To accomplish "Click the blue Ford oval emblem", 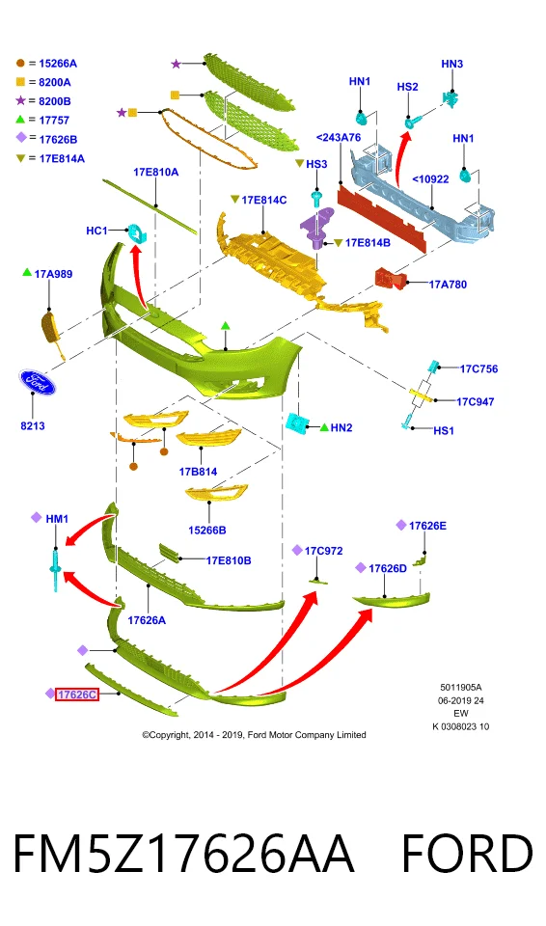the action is tap(37, 383).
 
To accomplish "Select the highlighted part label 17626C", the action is tap(77, 694).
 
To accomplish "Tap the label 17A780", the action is tap(448, 285).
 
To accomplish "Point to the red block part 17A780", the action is tap(390, 278).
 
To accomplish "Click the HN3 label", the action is tap(452, 64).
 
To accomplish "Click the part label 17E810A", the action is tap(155, 172).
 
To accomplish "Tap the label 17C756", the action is tap(478, 369).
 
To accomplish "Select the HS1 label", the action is tap(443, 430).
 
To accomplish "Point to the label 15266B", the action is tap(206, 531).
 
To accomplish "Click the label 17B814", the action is tap(198, 472).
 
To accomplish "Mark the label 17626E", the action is tap(427, 526).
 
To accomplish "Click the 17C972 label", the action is tap(323, 551).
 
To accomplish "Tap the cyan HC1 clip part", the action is tap(138, 233).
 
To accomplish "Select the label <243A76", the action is tap(339, 137).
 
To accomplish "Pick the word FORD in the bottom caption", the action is tap(466, 853).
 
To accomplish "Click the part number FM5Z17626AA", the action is tap(183, 853).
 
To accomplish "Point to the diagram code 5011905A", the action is tap(461, 688).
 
